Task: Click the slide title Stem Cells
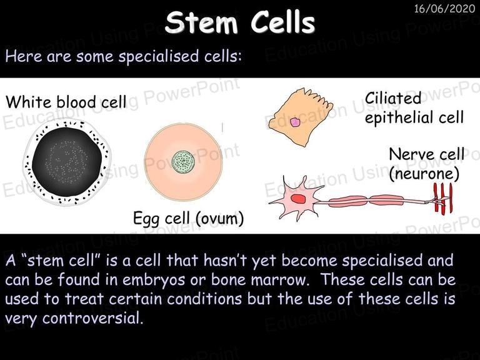pos(240,22)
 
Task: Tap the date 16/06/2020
pos(444,9)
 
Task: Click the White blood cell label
pos(66,102)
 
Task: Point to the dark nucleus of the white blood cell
pos(67,162)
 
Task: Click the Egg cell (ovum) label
pos(189,219)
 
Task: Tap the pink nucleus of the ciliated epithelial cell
pos(295,122)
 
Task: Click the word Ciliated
pos(393,99)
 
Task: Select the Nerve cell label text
pos(427,154)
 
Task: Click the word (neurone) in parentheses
pos(424,174)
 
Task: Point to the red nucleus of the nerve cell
pos(298,199)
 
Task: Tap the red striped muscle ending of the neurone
pos(443,197)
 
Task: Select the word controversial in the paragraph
pos(92,318)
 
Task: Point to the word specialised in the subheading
pos(159,57)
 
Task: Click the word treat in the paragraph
pos(84,299)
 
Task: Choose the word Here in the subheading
pos(24,56)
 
